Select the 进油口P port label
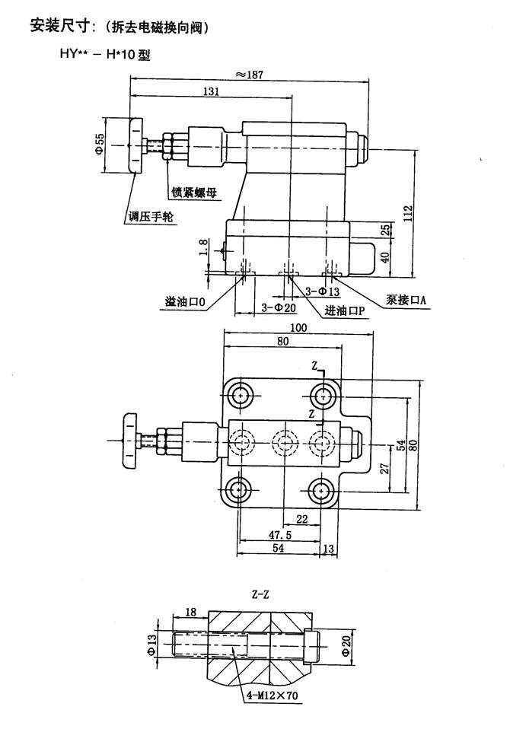point(345,311)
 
